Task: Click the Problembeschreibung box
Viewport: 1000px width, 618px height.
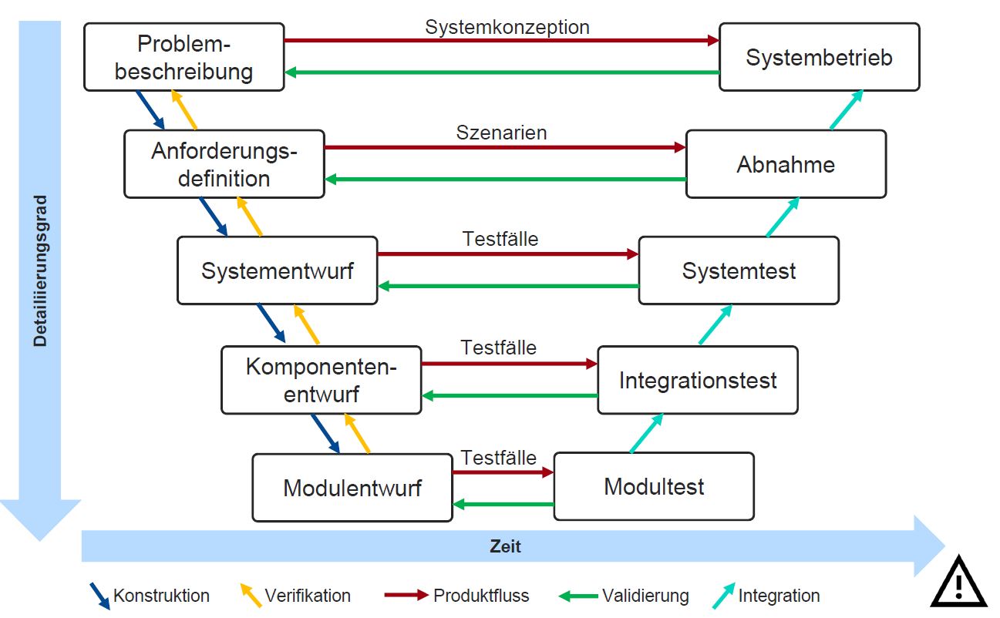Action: coord(184,57)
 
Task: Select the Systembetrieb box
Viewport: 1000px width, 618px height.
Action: coord(819,57)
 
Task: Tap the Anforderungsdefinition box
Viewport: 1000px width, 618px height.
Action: coord(224,164)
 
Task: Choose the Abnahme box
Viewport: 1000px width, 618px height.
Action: coord(786,164)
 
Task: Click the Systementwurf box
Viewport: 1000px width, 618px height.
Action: coord(277,270)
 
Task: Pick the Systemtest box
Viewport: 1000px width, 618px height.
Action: coord(739,270)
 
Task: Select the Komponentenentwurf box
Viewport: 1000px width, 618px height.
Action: coord(321,380)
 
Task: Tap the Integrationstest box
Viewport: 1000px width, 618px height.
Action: coord(698,380)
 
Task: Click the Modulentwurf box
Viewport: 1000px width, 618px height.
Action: coord(352,487)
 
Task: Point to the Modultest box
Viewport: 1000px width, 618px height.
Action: coord(654,486)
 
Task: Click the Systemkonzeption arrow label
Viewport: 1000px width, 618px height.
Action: coord(507,27)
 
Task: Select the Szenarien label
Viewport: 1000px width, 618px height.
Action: coord(501,133)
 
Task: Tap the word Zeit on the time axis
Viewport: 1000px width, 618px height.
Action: coord(505,547)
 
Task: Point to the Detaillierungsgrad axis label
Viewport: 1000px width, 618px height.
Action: coord(40,270)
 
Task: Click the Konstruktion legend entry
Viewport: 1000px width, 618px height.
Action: coord(160,596)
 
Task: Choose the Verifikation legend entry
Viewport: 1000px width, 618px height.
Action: coord(307,596)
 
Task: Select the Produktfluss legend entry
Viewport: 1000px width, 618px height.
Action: coord(480,596)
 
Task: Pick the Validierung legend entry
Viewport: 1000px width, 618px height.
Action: coord(645,596)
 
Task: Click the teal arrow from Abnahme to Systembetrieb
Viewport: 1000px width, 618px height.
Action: coord(846,109)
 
